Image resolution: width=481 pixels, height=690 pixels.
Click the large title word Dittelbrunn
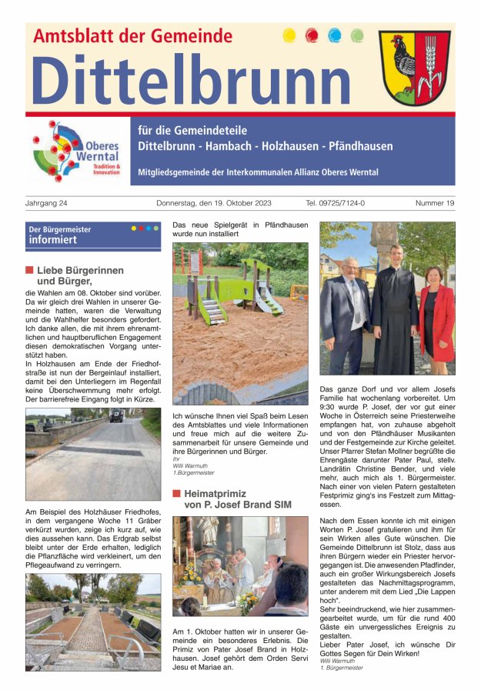pos(190,80)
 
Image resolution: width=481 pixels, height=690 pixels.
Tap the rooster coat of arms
pos(414,68)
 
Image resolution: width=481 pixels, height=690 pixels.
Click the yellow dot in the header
pos(289,35)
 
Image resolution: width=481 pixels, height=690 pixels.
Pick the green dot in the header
pos(356,35)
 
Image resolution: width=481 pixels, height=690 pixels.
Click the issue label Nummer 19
pos(435,203)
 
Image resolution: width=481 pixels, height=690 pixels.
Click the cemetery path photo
pos(92,622)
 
